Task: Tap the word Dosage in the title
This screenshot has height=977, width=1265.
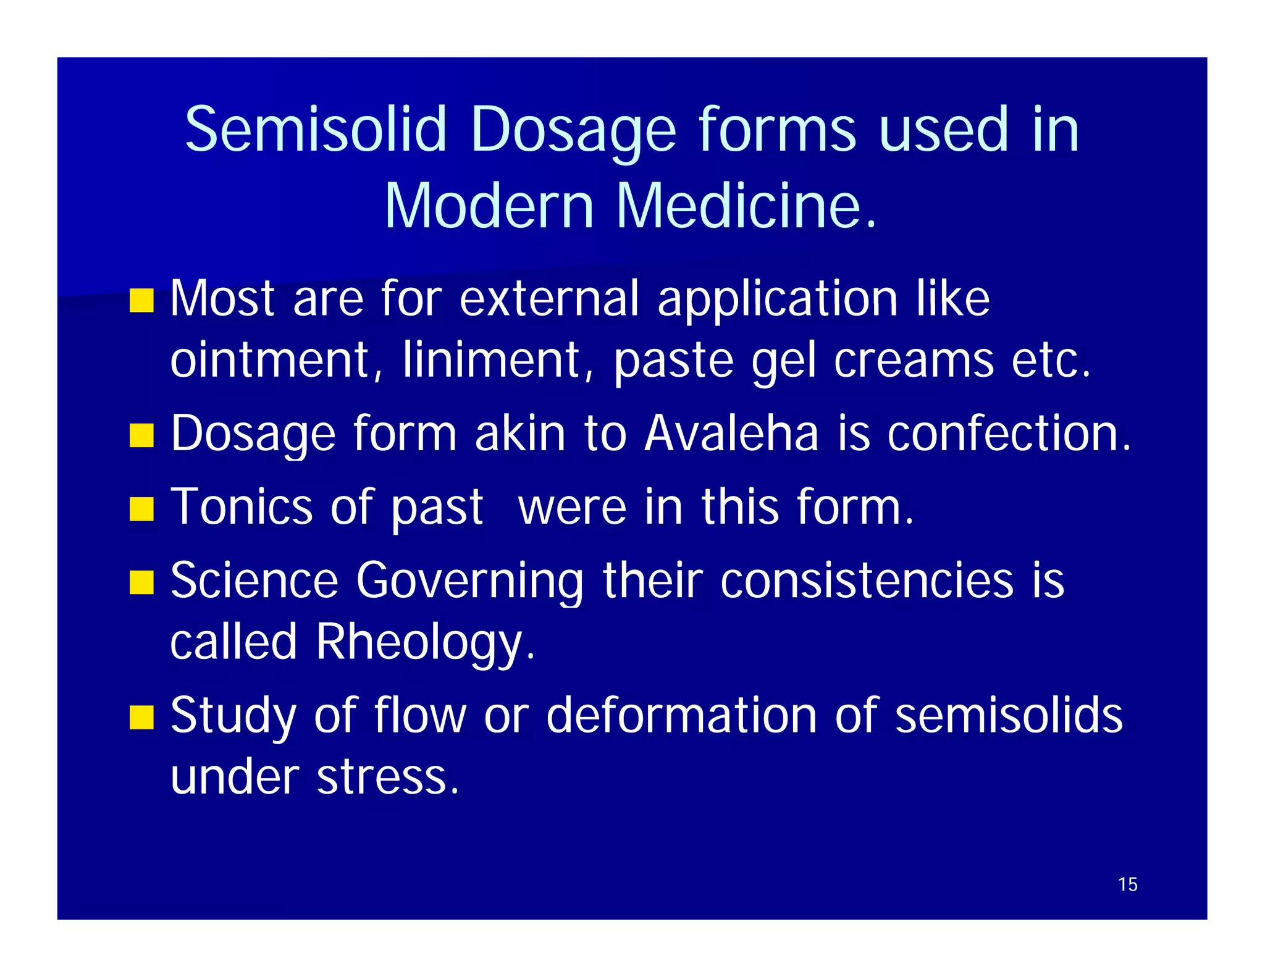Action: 573,130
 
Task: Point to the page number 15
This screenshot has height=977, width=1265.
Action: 1127,884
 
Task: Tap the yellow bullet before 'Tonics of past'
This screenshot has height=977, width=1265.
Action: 141,509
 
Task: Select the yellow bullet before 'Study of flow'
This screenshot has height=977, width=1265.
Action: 141,718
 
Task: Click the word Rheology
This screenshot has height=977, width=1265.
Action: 425,642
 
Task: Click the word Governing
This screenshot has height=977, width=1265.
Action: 469,581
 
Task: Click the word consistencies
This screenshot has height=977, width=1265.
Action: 867,580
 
